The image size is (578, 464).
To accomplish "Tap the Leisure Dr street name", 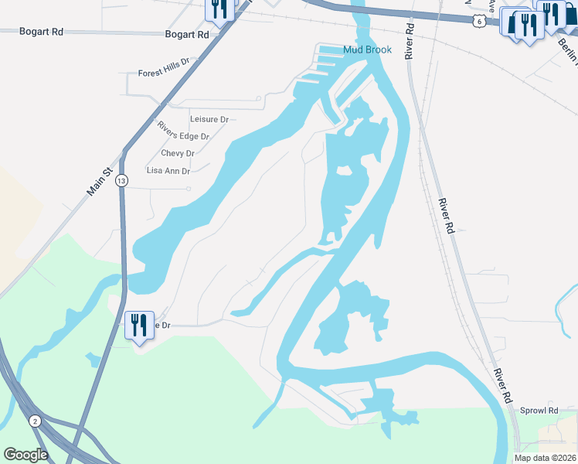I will [x=209, y=119].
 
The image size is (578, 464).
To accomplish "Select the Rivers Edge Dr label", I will [x=183, y=131].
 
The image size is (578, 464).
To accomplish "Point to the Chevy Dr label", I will [x=177, y=153].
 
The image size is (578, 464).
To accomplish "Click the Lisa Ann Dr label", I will [x=168, y=171].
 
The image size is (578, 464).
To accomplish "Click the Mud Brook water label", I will [x=367, y=49].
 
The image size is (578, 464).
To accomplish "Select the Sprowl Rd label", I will [x=539, y=411].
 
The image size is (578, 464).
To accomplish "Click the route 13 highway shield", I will [x=121, y=180].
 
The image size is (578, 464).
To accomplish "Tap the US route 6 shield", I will [x=480, y=22].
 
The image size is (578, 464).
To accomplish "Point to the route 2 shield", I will [x=36, y=421].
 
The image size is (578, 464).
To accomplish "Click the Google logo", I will [x=25, y=455].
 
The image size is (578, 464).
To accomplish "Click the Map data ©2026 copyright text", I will [x=545, y=458].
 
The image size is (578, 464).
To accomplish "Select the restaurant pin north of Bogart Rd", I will [x=219, y=10].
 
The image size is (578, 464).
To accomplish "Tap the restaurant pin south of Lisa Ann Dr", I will [x=139, y=324].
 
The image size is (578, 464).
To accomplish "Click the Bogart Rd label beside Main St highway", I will [x=187, y=35].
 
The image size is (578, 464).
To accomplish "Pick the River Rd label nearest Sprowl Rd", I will [x=503, y=385].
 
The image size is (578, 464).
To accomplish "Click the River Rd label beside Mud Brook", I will [x=409, y=40].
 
